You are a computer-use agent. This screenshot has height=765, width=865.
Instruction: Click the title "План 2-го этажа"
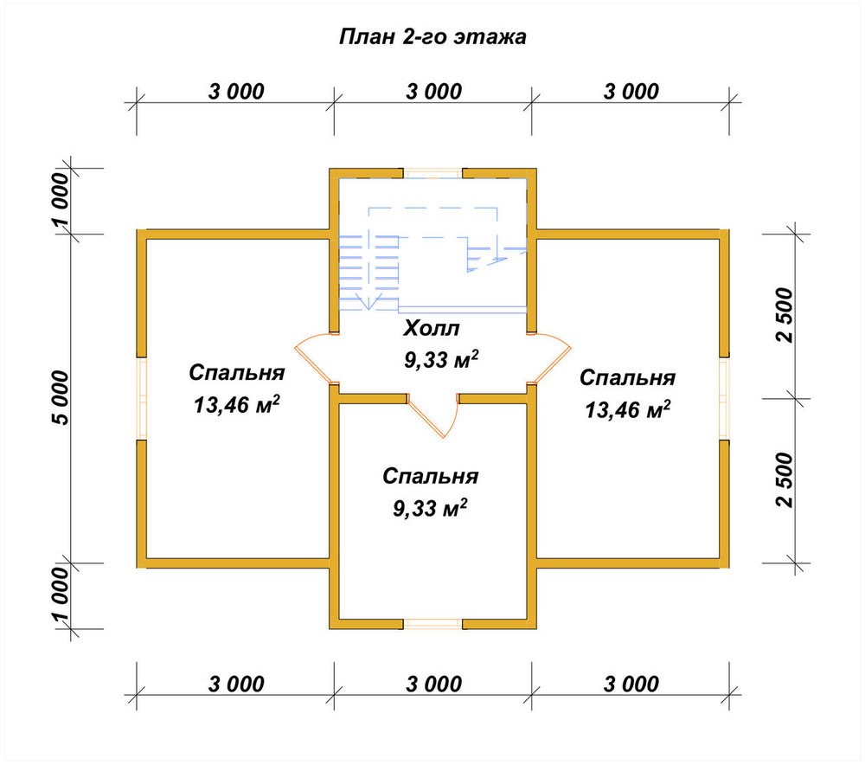point(432,37)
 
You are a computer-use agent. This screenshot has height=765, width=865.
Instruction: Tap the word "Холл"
point(432,328)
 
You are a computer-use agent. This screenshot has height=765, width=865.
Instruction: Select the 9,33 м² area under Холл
point(441,359)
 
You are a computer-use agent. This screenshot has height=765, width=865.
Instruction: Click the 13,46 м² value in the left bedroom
point(236,405)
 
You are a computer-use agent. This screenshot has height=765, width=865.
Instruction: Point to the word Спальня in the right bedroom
point(627,378)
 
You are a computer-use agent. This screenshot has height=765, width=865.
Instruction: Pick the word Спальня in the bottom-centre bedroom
point(430,476)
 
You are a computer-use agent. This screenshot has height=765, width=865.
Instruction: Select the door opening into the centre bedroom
point(433,415)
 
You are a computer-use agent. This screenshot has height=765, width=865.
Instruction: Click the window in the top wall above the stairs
point(433,173)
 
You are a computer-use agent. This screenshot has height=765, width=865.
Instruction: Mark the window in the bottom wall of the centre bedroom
point(433,624)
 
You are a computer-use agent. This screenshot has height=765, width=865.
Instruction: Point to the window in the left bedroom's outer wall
point(142,398)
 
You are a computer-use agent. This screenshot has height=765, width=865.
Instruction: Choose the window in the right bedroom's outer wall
point(724,398)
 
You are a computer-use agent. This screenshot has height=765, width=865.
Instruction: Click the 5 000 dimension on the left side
point(61,398)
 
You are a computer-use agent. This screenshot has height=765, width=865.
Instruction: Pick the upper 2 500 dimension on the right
point(784,315)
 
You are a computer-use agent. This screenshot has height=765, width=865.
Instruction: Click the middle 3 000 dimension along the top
point(433,92)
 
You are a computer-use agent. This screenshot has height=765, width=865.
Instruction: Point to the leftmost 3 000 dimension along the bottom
point(236,685)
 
